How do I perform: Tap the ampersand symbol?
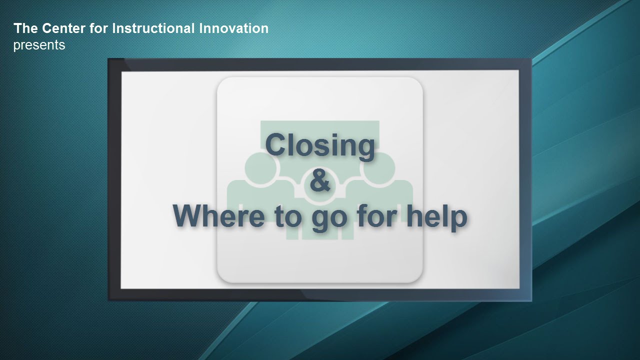(320, 180)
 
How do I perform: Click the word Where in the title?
(219, 216)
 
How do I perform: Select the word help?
(437, 217)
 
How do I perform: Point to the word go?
(329, 220)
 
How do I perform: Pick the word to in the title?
(288, 217)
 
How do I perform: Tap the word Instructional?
(153, 28)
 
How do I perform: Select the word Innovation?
(233, 28)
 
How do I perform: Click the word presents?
(39, 45)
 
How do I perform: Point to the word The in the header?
(25, 28)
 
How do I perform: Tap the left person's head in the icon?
(260, 168)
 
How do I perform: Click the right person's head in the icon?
(379, 168)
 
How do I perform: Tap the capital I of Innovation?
(201, 28)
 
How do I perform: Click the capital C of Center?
(47, 28)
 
